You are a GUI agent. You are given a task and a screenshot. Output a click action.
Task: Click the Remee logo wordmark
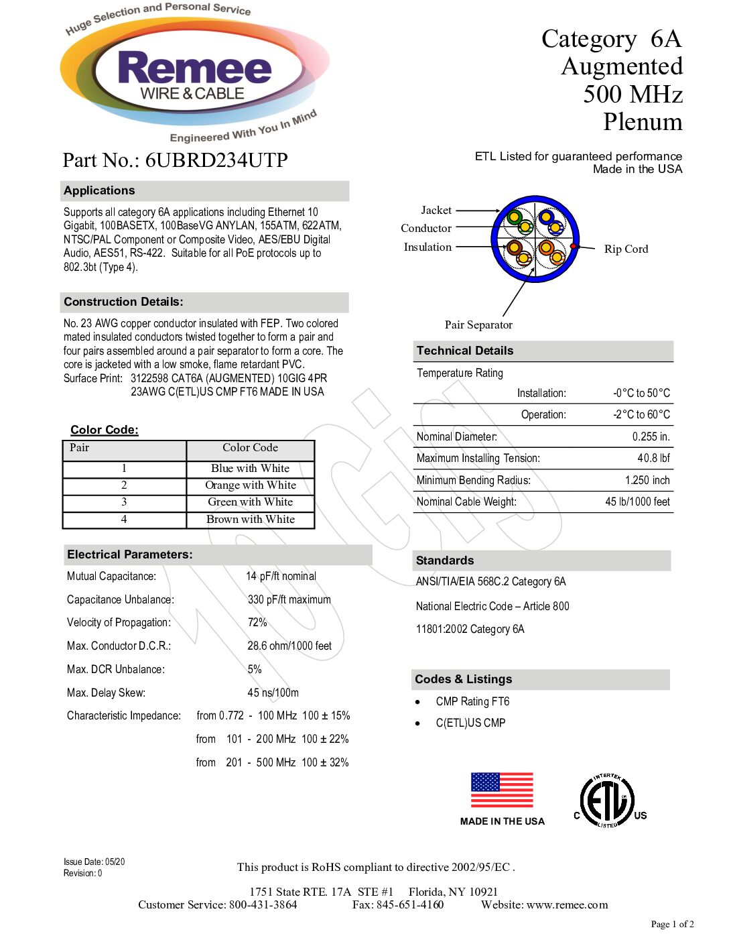[194, 69]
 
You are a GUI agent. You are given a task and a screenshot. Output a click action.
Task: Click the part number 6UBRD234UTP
[216, 160]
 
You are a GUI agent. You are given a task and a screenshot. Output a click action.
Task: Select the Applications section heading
[99, 190]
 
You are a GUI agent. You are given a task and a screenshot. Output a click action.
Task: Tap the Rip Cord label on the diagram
[626, 249]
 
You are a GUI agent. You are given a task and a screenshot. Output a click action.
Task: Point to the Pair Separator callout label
[478, 324]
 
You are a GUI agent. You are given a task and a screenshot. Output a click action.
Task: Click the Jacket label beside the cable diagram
[436, 210]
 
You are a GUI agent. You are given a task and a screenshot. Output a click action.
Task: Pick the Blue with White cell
[250, 468]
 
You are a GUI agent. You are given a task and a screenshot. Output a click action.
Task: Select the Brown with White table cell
[250, 519]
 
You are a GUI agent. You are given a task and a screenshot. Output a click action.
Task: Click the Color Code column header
[250, 448]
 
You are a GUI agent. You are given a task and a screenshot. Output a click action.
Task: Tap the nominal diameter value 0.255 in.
[651, 436]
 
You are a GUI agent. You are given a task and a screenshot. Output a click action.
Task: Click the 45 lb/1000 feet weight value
[637, 501]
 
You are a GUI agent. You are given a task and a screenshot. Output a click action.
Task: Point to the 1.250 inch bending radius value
[647, 480]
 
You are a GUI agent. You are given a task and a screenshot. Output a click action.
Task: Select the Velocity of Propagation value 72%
[257, 622]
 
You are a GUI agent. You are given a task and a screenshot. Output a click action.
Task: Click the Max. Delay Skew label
[106, 693]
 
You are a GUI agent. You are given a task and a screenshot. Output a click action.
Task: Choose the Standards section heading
[444, 560]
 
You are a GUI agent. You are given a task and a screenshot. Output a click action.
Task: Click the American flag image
[502, 790]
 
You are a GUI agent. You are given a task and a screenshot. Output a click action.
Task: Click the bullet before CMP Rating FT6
[418, 702]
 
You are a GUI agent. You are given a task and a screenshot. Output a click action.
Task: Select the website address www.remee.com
[568, 904]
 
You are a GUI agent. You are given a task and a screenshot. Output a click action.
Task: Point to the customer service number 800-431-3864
[263, 904]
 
